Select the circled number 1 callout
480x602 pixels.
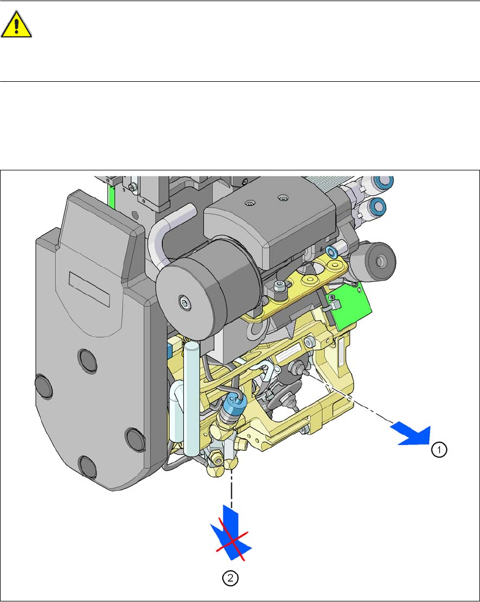[439, 449]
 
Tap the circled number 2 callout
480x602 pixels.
[230, 578]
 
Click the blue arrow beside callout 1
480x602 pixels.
[411, 434]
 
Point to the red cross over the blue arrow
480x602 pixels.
[230, 542]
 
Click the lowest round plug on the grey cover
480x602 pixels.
[88, 466]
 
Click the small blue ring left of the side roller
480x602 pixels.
[332, 250]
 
